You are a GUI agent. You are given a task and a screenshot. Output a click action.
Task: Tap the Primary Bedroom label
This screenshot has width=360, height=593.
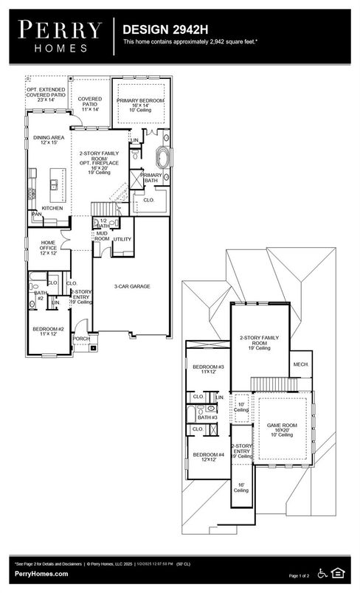pos(140,103)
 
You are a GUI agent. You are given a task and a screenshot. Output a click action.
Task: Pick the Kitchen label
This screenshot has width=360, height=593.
pos(52,209)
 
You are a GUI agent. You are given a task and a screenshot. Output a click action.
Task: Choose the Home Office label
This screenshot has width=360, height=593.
pos(49,249)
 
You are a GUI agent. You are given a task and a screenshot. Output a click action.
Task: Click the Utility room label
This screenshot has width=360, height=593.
pos(122,239)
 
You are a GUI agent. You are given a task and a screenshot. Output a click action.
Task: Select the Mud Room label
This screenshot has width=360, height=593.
pos(102,237)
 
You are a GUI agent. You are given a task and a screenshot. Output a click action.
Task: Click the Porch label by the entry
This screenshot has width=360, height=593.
pos(81,339)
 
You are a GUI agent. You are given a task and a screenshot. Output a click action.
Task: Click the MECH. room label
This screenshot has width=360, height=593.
pos(301,364)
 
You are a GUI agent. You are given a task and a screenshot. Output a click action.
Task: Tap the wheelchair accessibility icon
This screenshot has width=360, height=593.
pos(322,572)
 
